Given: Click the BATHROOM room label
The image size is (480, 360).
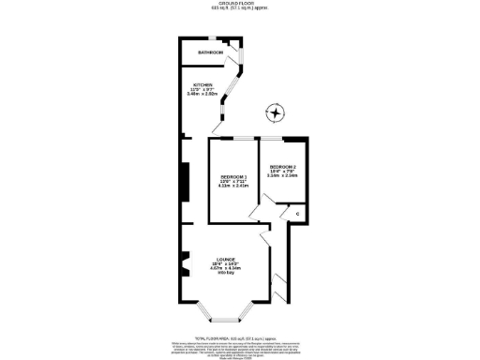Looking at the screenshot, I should click(x=210, y=52).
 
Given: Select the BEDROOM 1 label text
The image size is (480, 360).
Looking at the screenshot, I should click(x=232, y=177).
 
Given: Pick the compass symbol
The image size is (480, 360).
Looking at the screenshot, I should click(x=275, y=114).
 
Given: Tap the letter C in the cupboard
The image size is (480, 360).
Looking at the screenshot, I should click(x=297, y=215).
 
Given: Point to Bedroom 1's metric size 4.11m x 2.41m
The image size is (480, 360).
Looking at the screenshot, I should click(x=232, y=187).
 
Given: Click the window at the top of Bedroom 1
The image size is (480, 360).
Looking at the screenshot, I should click(x=233, y=138).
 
